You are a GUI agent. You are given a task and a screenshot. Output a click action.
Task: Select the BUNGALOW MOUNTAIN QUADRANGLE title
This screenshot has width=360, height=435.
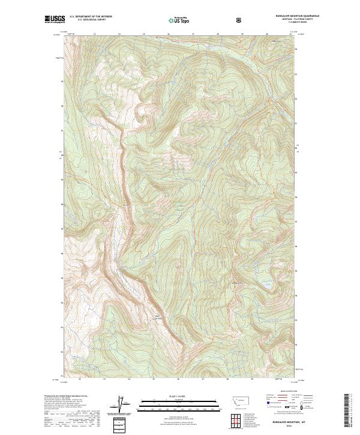(x=280, y=16)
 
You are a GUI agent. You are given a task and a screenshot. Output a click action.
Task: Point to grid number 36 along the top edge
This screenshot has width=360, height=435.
(x=169, y=34)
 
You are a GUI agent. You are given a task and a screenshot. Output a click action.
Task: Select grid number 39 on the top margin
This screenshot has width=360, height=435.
(x=242, y=34)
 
